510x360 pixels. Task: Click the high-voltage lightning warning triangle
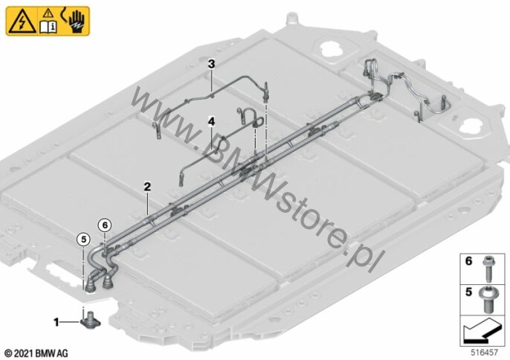pyautogui.click(x=22, y=22)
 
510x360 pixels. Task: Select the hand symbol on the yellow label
pyautogui.click(x=77, y=22)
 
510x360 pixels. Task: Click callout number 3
pyautogui.click(x=211, y=64)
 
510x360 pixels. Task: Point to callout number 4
pyautogui.click(x=211, y=122)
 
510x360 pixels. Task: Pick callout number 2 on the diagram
pyautogui.click(x=147, y=187)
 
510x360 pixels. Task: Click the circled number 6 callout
pyautogui.click(x=105, y=225)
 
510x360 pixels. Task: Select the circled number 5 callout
pyautogui.click(x=83, y=240)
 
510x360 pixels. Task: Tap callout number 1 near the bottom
pyautogui.click(x=57, y=322)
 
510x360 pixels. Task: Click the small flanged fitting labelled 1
pyautogui.click(x=90, y=320)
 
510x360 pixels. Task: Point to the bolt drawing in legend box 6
pyautogui.click(x=488, y=269)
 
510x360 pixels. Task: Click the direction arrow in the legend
pyautogui.click(x=482, y=330)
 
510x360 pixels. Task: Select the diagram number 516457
pyautogui.click(x=484, y=353)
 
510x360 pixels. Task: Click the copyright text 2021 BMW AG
pyautogui.click(x=36, y=353)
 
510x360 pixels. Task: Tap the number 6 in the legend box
pyautogui.click(x=468, y=261)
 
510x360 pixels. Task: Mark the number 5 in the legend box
pyautogui.click(x=468, y=292)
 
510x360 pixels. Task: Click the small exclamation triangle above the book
pyautogui.click(x=48, y=13)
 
